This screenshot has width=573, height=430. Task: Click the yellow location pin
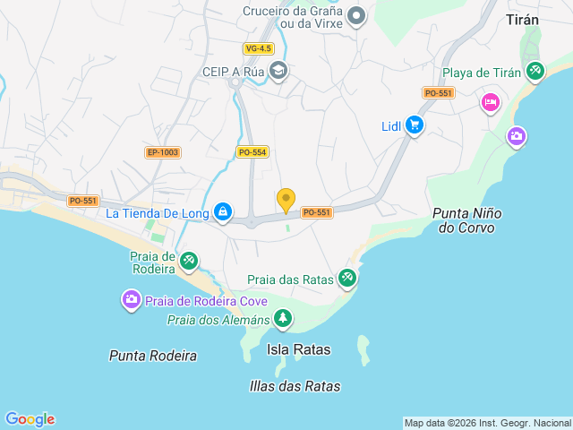[286, 200]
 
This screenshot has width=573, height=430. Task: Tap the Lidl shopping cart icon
[414, 125]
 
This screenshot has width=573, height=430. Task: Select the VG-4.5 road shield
[258, 48]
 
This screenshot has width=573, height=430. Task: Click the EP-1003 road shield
[163, 152]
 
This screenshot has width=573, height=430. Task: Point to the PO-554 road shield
[252, 152]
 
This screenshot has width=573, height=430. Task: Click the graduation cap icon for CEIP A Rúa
[278, 70]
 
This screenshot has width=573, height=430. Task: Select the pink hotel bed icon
[491, 103]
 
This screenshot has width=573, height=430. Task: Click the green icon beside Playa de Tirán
[535, 71]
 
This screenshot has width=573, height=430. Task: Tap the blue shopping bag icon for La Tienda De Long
[223, 212]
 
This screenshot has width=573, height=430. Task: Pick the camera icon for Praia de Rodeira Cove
[131, 299]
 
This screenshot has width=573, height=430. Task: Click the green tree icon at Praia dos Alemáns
[283, 318]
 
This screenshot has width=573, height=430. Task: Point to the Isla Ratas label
[299, 349]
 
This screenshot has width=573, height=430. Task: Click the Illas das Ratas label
[295, 386]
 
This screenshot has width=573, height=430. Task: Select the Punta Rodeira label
[153, 356]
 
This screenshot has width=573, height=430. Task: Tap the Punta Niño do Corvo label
[467, 220]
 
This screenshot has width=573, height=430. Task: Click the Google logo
[30, 418]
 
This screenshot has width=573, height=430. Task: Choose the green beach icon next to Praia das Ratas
[347, 279]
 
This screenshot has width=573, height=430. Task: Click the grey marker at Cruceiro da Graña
[356, 15]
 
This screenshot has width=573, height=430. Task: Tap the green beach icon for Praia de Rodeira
[188, 261]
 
